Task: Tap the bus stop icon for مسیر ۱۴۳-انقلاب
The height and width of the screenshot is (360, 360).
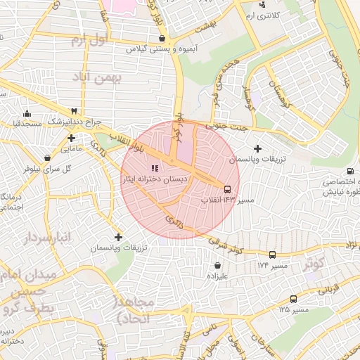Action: tap(227, 188)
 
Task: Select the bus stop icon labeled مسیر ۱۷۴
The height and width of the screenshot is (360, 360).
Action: tap(272, 255)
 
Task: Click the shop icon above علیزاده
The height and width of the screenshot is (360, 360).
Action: tap(217, 265)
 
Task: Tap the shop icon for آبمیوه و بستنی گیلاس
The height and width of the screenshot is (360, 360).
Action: tap(162, 38)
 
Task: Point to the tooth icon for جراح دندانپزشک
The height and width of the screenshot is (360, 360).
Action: tap(74, 110)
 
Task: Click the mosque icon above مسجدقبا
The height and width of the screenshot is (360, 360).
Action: tap(27, 113)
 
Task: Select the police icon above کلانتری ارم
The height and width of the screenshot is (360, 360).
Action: tap(262, 4)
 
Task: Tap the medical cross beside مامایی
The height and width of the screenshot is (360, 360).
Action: tap(71, 138)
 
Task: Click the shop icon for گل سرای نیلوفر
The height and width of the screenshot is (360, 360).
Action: tap(46, 157)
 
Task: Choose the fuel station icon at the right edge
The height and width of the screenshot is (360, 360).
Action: tap(350, 171)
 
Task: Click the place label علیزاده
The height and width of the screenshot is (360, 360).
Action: tap(217, 276)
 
